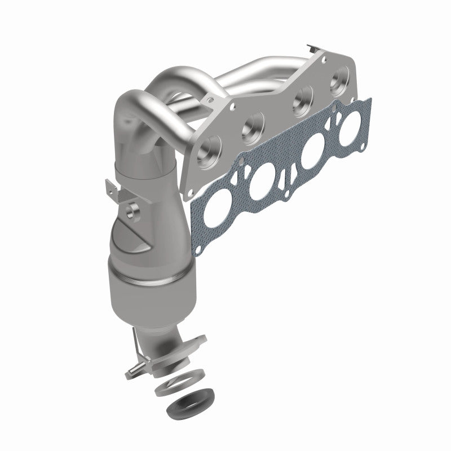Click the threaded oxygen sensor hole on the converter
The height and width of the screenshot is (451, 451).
click(134, 211)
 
